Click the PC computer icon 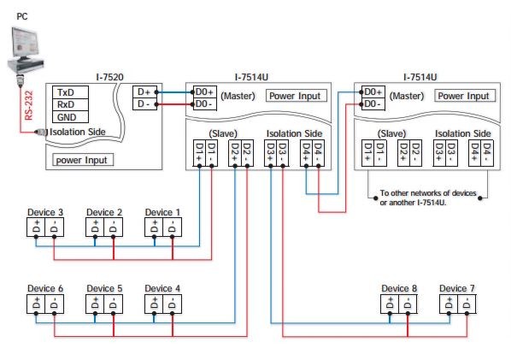(x=25, y=50)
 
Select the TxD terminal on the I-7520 (x=70, y=92)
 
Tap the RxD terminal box (x=70, y=104)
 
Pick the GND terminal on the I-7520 (x=70, y=117)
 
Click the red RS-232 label (x=29, y=105)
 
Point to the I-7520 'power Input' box (x=83, y=160)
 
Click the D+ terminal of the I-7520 (x=144, y=92)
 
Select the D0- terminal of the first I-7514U (x=205, y=104)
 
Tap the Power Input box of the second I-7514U (x=465, y=96)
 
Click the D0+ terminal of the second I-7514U (x=373, y=92)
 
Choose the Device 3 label (x=45, y=212)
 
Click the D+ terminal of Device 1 (x=154, y=227)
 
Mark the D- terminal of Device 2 (x=113, y=227)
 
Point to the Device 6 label (x=45, y=288)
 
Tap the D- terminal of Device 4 (x=172, y=304)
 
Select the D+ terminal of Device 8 (x=391, y=304)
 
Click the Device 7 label (x=457, y=288)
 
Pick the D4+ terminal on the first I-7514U (x=306, y=153)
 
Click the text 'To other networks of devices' (x=428, y=193)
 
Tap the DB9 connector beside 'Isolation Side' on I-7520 (x=41, y=132)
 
